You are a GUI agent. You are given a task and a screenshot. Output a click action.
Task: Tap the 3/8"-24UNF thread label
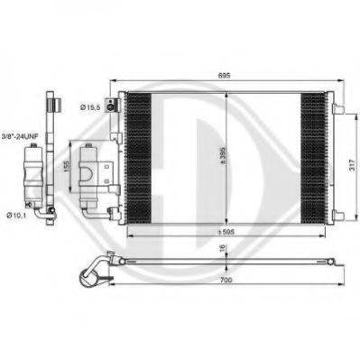pyautogui.click(x=20, y=137)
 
